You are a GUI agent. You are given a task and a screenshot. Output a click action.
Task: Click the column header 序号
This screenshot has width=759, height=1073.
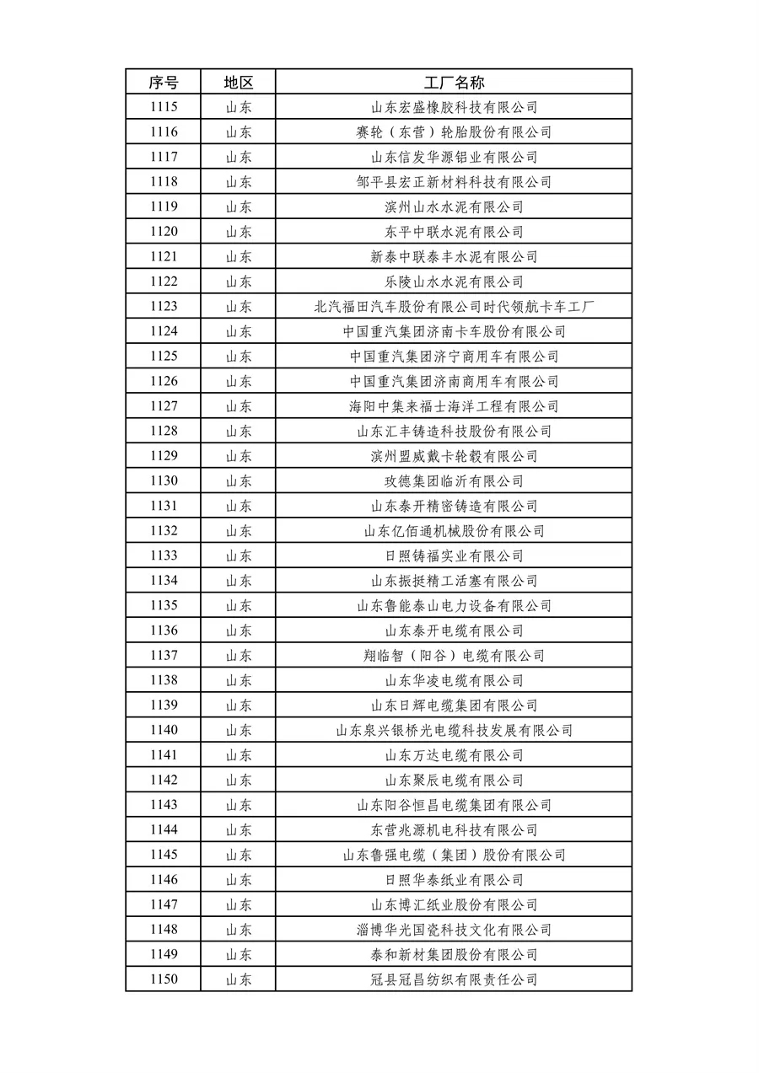click(x=164, y=83)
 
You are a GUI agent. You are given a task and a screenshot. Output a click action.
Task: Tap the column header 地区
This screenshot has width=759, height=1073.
click(x=238, y=83)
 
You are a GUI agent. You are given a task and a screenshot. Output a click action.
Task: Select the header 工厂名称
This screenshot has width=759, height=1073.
click(x=454, y=83)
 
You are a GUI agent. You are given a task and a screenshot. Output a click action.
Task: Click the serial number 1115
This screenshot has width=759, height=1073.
click(x=164, y=107)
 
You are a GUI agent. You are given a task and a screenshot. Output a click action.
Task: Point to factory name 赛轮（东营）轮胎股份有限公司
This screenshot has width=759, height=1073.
click(x=454, y=132)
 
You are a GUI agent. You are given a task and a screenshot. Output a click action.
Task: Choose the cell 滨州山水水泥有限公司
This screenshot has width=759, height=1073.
click(x=454, y=207)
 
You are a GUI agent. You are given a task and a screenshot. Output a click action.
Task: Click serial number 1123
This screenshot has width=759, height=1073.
click(x=164, y=307)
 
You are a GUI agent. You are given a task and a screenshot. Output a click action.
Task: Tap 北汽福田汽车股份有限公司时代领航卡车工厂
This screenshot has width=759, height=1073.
click(x=454, y=307)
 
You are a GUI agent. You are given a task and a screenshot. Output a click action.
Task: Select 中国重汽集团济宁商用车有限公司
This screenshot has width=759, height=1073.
click(x=454, y=357)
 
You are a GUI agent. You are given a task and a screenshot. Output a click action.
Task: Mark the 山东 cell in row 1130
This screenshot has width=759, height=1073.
click(x=238, y=481)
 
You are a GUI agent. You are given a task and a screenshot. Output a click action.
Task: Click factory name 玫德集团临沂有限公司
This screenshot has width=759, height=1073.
click(x=454, y=481)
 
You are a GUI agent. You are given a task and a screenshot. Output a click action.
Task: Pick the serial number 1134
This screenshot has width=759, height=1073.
click(x=164, y=581)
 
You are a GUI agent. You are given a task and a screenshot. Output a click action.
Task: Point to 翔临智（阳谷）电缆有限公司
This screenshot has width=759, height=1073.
click(x=454, y=656)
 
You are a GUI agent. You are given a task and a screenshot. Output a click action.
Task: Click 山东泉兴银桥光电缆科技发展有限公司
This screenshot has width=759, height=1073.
click(x=454, y=730)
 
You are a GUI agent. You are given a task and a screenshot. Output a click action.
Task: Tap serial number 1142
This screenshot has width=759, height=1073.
click(x=164, y=781)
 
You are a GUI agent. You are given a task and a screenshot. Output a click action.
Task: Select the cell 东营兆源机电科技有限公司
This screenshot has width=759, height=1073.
click(x=454, y=830)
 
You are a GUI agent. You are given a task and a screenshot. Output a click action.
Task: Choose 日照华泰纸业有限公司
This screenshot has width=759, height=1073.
click(x=454, y=880)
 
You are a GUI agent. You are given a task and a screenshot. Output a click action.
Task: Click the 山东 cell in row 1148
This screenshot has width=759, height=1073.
click(x=238, y=930)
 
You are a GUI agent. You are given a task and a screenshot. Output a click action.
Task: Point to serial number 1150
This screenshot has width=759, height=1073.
click(x=164, y=979)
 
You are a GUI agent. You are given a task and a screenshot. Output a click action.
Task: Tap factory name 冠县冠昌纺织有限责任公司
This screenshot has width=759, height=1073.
click(x=454, y=979)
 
